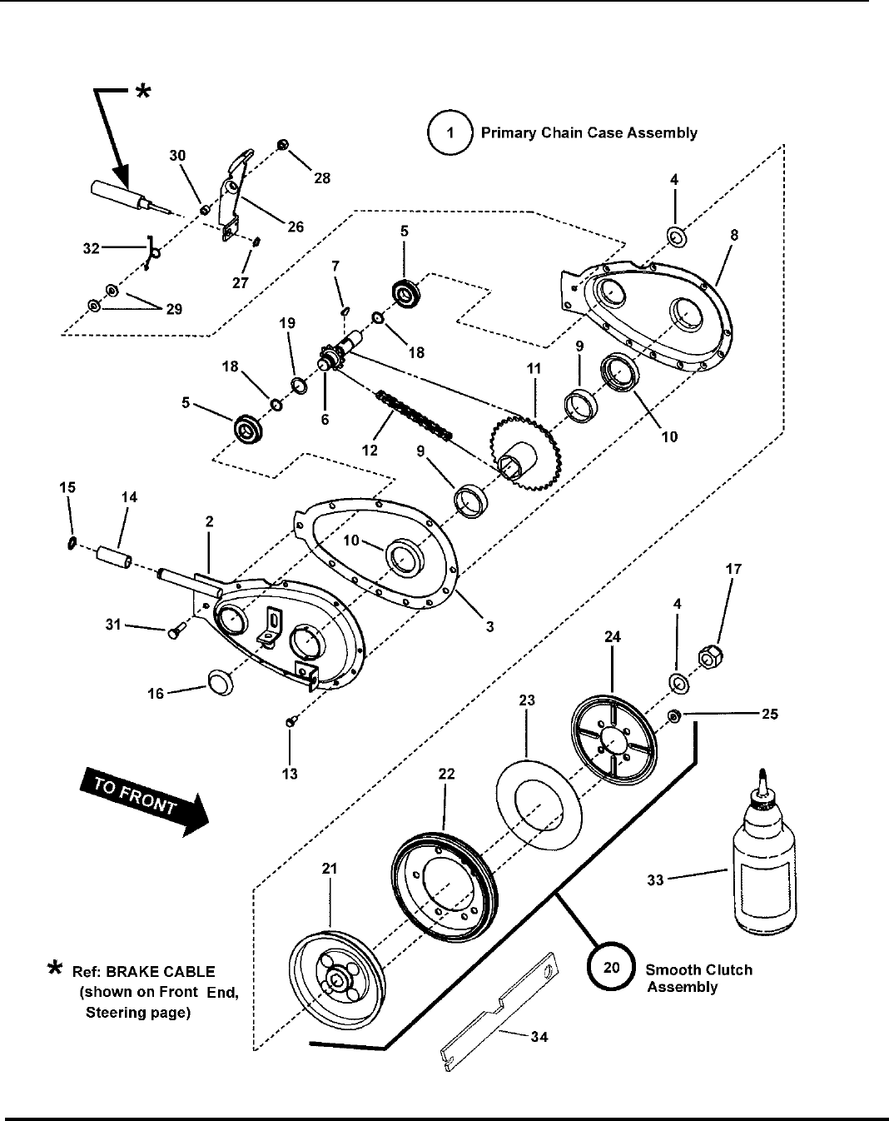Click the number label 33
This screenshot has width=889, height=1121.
tap(656, 879)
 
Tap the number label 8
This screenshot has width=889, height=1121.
tap(733, 236)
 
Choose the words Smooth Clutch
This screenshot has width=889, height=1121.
tap(698, 970)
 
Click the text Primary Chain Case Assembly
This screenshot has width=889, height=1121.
tap(589, 133)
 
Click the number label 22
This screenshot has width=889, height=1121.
tap(446, 775)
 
